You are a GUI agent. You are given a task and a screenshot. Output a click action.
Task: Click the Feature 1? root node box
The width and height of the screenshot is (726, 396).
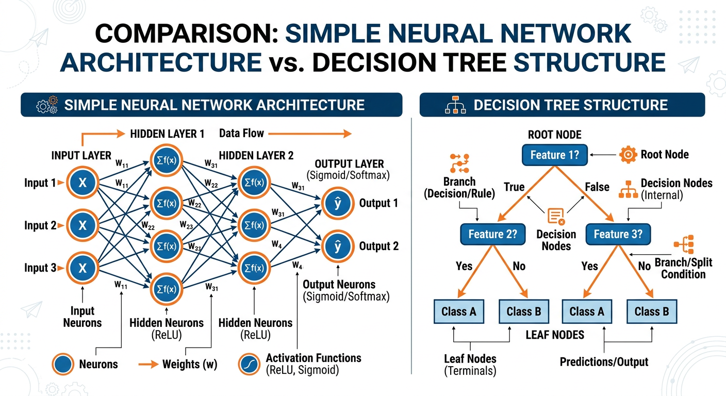pyautogui.click(x=555, y=155)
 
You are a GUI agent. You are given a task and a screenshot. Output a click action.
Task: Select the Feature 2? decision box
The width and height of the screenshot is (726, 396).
pyautogui.click(x=492, y=234)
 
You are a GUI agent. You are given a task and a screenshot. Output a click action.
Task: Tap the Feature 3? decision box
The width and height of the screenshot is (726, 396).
pyautogui.click(x=618, y=234)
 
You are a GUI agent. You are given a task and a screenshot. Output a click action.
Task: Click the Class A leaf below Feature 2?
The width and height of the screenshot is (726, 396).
pyautogui.click(x=458, y=311)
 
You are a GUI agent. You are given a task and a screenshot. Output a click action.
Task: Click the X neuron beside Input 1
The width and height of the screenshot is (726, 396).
pyautogui.click(x=82, y=183)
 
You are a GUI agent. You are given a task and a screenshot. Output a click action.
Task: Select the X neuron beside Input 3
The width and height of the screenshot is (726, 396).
pyautogui.click(x=82, y=268)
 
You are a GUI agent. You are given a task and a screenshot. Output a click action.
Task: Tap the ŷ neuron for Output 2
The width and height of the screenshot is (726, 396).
pyautogui.click(x=338, y=247)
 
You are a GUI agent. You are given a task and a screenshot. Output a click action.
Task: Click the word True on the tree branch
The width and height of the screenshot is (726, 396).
pyautogui.click(x=514, y=187)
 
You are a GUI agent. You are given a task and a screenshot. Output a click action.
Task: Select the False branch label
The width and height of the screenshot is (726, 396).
pyautogui.click(x=597, y=187)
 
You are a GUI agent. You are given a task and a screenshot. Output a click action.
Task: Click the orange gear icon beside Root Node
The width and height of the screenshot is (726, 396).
pyautogui.click(x=627, y=155)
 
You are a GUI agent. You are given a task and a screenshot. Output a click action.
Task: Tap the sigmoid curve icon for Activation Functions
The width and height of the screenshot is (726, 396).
pyautogui.click(x=250, y=364)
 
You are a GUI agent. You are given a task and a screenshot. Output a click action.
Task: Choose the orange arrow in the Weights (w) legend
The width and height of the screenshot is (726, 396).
pyautogui.click(x=150, y=365)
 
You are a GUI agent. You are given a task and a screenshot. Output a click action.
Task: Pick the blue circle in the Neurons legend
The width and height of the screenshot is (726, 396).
pyautogui.click(x=63, y=364)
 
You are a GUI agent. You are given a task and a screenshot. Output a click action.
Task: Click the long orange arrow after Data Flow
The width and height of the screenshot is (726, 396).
pyautogui.click(x=310, y=134)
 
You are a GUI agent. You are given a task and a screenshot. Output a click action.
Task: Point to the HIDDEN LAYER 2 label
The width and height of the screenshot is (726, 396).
pyautogui.click(x=255, y=155)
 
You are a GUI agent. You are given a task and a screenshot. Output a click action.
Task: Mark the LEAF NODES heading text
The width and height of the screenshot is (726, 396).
pyautogui.click(x=554, y=335)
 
